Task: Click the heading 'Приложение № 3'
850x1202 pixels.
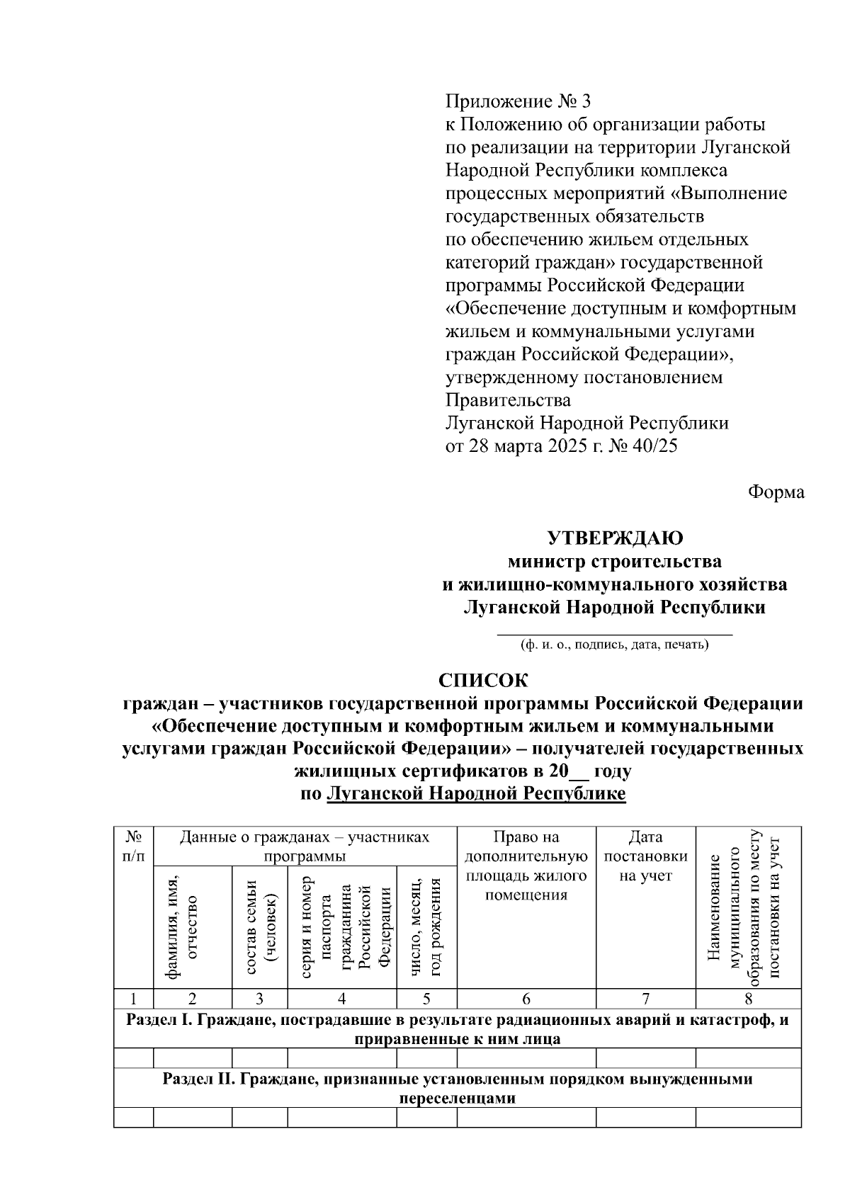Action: [x=517, y=101]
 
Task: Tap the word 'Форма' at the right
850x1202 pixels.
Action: [x=776, y=492]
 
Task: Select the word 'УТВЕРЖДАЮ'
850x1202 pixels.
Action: [x=616, y=538]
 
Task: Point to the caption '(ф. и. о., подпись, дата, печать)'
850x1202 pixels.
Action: [x=614, y=645]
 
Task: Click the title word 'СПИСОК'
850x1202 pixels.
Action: [x=483, y=681]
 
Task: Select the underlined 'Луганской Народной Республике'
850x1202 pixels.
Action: [x=476, y=793]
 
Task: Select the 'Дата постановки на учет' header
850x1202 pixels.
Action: [x=645, y=856]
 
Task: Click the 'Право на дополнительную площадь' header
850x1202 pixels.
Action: [x=526, y=866]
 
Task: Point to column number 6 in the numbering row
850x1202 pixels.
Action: [x=526, y=999]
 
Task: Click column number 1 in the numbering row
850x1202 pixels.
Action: [x=133, y=999]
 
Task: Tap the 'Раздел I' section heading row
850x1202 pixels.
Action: [x=457, y=1029]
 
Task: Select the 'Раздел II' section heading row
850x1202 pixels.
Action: [x=457, y=1089]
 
